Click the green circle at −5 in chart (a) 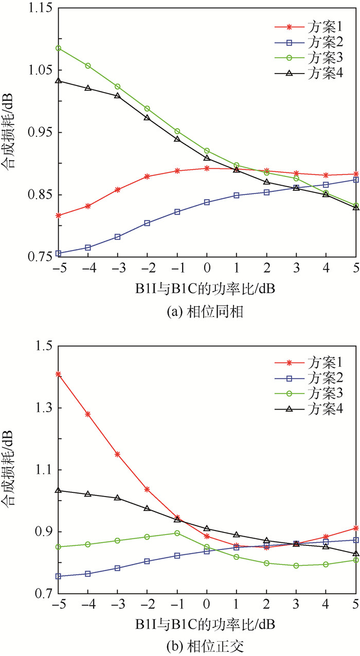[58, 48]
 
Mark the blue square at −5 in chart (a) [58, 253]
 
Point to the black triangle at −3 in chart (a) [118, 96]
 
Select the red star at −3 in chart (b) [118, 454]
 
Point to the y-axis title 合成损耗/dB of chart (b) [11, 471]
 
